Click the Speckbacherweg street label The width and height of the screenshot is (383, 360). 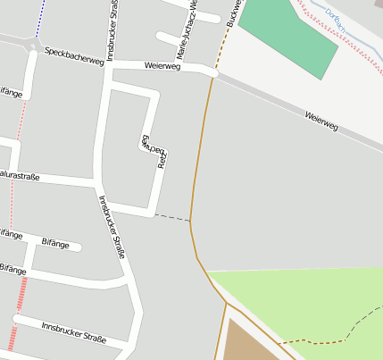click(74, 56)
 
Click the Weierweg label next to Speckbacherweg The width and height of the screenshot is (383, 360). click(162, 66)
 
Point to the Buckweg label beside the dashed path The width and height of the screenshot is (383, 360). click(234, 13)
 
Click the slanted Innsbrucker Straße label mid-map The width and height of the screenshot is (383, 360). click(112, 227)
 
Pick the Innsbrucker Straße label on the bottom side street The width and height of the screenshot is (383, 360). click(73, 332)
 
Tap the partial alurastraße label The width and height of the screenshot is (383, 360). click(20, 176)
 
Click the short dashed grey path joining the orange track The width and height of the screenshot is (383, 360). click(172, 217)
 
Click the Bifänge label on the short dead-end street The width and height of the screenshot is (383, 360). click(55, 242)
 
